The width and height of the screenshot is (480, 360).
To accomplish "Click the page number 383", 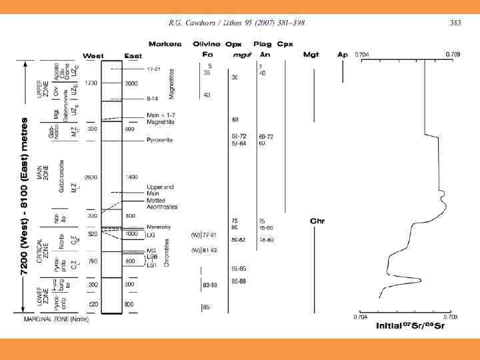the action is (455, 23).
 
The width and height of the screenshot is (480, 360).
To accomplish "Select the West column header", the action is (92, 55).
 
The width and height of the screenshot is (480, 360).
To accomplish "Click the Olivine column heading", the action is (206, 44).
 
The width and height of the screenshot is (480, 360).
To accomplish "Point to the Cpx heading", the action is (285, 44).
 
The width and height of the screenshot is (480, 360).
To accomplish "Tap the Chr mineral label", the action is (317, 221).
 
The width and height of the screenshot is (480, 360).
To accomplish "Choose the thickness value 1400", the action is (131, 177).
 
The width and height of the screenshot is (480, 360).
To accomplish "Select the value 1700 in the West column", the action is (92, 83).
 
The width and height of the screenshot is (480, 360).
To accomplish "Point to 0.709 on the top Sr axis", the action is (451, 54).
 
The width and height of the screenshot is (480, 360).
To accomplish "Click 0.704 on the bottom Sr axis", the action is (361, 317).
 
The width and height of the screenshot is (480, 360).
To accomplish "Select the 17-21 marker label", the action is (154, 69).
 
